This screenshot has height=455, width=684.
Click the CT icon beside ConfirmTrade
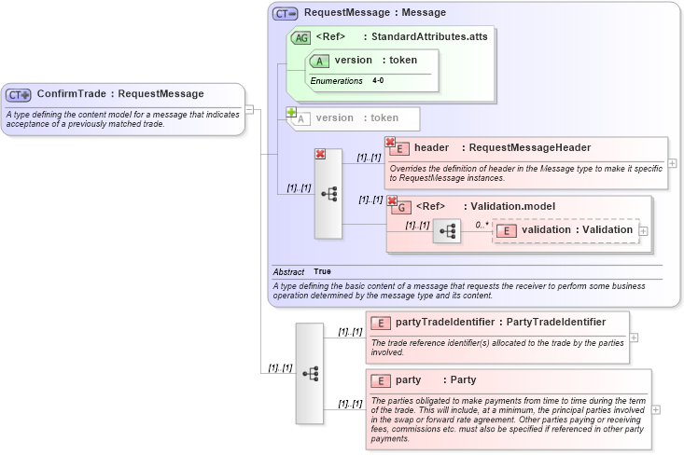tap(19, 94)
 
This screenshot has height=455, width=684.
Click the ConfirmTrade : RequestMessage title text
tap(120, 94)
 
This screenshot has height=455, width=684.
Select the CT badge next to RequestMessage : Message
tap(285, 13)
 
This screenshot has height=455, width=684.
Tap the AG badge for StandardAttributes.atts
tap(300, 37)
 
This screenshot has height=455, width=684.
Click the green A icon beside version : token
tap(319, 61)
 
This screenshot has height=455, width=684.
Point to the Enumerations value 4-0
tap(378, 81)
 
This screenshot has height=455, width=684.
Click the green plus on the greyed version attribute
tap(291, 112)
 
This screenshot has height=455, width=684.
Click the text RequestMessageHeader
tap(529, 147)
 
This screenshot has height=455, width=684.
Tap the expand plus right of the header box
tap(672, 163)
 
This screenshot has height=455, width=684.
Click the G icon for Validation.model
tap(400, 206)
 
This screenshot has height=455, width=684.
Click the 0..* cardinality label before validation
tap(482, 225)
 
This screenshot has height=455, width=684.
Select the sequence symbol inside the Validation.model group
tap(446, 230)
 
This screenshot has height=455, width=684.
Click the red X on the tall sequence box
tap(320, 154)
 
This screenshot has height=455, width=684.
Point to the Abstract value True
tap(322, 271)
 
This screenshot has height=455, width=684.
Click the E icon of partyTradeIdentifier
tap(380, 323)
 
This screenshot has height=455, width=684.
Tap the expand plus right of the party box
tap(656, 409)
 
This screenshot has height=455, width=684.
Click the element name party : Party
tap(436, 380)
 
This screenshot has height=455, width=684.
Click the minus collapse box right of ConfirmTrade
tap(249, 110)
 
